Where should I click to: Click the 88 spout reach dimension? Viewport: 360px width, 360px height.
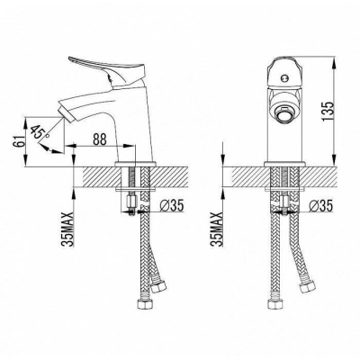click(100, 139)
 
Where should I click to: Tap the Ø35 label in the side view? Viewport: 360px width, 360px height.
click(172, 206)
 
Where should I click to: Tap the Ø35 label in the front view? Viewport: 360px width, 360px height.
click(321, 206)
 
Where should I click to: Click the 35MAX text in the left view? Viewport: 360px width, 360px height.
click(68, 229)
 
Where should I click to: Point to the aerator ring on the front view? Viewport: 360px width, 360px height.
click(283, 113)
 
